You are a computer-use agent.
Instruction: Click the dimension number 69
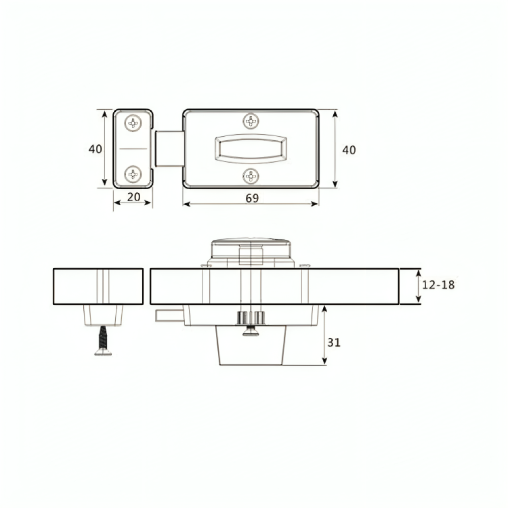point(252,198)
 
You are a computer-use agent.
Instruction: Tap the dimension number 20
point(134,197)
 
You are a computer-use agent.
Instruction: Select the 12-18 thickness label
point(438,285)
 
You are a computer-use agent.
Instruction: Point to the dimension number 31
point(334,342)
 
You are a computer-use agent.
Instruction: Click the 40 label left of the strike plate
point(96,149)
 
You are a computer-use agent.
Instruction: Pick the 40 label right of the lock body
point(349,150)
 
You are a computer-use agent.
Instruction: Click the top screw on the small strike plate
point(133,123)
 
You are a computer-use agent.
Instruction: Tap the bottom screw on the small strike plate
point(133,174)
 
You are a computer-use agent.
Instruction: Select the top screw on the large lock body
point(251,121)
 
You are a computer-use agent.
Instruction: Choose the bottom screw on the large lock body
point(251,176)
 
